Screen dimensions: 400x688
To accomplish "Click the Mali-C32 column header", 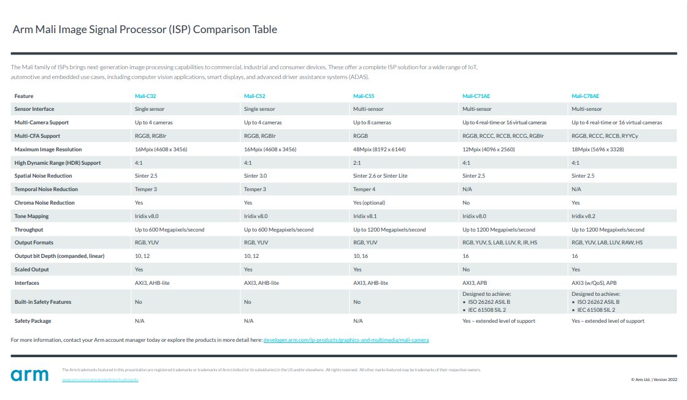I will pyautogui.click(x=145, y=96).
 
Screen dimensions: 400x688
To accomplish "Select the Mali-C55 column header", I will pyautogui.click(x=364, y=96).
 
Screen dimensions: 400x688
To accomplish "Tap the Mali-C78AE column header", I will pyautogui.click(x=585, y=96).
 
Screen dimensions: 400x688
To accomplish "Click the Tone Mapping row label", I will pyautogui.click(x=32, y=216).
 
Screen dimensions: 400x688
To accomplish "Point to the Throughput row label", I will pyautogui.click(x=29, y=230).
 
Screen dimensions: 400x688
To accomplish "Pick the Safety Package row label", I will pyautogui.click(x=33, y=321).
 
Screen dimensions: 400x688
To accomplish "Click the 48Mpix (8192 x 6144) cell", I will pyautogui.click(x=380, y=149).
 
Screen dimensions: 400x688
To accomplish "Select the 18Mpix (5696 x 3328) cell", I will pyautogui.click(x=598, y=149).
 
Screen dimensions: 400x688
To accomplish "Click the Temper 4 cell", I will pyautogui.click(x=364, y=189).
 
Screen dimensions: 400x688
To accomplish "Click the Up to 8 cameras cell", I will pyautogui.click(x=372, y=123).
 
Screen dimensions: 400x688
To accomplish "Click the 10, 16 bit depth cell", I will pyautogui.click(x=361, y=256).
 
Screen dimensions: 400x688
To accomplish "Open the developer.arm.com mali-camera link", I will pyautogui.click(x=346, y=339).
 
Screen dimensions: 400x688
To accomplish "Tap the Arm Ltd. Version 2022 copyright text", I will pyautogui.click(x=654, y=380).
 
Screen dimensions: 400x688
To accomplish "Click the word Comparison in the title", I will pyautogui.click(x=218, y=29).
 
